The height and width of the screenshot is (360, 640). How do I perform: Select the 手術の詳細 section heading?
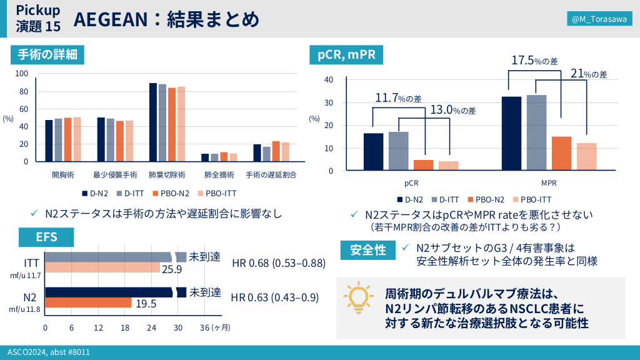coord(47,54)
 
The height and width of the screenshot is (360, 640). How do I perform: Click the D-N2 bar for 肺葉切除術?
coord(152,122)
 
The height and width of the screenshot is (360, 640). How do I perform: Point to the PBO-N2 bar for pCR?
coord(423,165)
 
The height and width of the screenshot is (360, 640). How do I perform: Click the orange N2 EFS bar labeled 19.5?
coord(88,303)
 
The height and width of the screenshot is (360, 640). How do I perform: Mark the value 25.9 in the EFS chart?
coord(171,269)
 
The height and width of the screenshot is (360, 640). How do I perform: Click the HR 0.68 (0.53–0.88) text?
coord(279,263)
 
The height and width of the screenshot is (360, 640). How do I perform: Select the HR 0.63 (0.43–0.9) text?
coord(276,297)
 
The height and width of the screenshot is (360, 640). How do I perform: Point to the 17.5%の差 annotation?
coord(534,61)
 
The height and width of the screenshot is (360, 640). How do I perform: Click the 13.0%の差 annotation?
coord(453,110)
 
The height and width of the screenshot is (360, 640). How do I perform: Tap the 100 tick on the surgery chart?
coord(22,74)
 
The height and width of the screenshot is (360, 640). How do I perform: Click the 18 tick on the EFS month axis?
coord(125,328)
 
